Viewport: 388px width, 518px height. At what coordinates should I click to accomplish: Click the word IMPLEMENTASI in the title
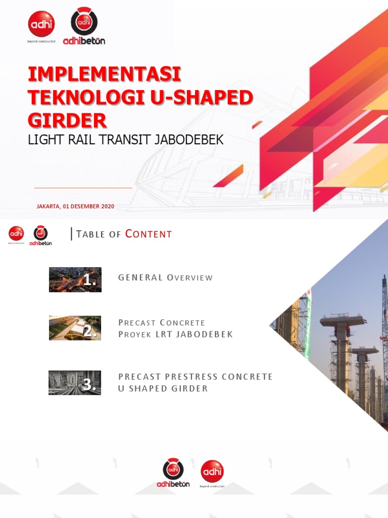pyautogui.click(x=105, y=74)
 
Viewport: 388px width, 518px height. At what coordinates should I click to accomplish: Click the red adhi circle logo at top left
pyautogui.click(x=41, y=24)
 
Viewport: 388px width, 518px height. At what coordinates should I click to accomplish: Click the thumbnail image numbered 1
pyautogui.click(x=75, y=279)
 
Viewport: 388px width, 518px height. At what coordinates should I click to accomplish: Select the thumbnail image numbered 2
pyautogui.click(x=75, y=328)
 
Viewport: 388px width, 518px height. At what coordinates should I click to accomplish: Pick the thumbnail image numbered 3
pyautogui.click(x=75, y=382)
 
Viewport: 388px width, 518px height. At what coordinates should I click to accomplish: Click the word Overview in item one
pyautogui.click(x=190, y=278)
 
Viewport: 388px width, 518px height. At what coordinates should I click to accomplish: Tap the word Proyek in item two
pyautogui.click(x=134, y=334)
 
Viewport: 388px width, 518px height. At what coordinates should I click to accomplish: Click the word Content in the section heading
pyautogui.click(x=149, y=234)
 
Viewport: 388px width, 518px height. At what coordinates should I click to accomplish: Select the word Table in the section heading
pyautogui.click(x=91, y=234)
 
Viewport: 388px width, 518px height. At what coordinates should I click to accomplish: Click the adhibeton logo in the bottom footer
pyautogui.click(x=173, y=473)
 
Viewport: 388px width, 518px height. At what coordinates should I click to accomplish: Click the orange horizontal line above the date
pyautogui.click(x=83, y=188)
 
